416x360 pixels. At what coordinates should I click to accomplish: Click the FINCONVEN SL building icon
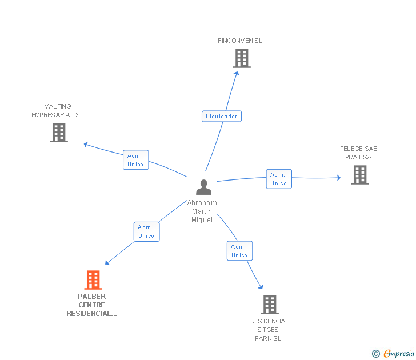[242, 58]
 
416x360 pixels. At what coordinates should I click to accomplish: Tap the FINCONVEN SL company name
[240, 41]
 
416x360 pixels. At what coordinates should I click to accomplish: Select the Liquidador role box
[222, 116]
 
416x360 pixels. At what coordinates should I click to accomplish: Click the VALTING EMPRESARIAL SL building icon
[59, 133]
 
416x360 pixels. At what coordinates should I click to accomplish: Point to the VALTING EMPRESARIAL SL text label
[58, 110]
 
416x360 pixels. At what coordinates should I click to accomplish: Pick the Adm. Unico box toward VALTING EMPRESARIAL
[136, 159]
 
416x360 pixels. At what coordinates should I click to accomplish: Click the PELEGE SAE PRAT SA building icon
[360, 174]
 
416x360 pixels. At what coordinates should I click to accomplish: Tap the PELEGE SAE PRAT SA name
[358, 153]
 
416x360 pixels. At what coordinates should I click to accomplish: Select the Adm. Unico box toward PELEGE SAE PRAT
[279, 179]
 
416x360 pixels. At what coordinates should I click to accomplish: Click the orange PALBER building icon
[93, 279]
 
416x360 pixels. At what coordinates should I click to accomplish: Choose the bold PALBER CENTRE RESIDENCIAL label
[91, 305]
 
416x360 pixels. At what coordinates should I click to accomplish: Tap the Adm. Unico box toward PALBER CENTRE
[146, 231]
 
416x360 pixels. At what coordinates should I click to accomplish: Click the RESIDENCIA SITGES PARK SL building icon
[270, 305]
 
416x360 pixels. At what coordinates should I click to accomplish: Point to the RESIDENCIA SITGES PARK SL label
[268, 330]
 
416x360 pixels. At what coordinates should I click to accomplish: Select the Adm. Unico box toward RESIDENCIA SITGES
[239, 251]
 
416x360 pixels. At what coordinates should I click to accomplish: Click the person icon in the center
[204, 187]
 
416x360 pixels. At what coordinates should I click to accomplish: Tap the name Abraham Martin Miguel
[202, 211]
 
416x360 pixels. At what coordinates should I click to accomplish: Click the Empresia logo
[393, 353]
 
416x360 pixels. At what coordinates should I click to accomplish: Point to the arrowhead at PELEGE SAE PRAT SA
[339, 178]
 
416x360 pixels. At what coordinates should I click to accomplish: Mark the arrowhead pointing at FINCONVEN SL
[237, 73]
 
